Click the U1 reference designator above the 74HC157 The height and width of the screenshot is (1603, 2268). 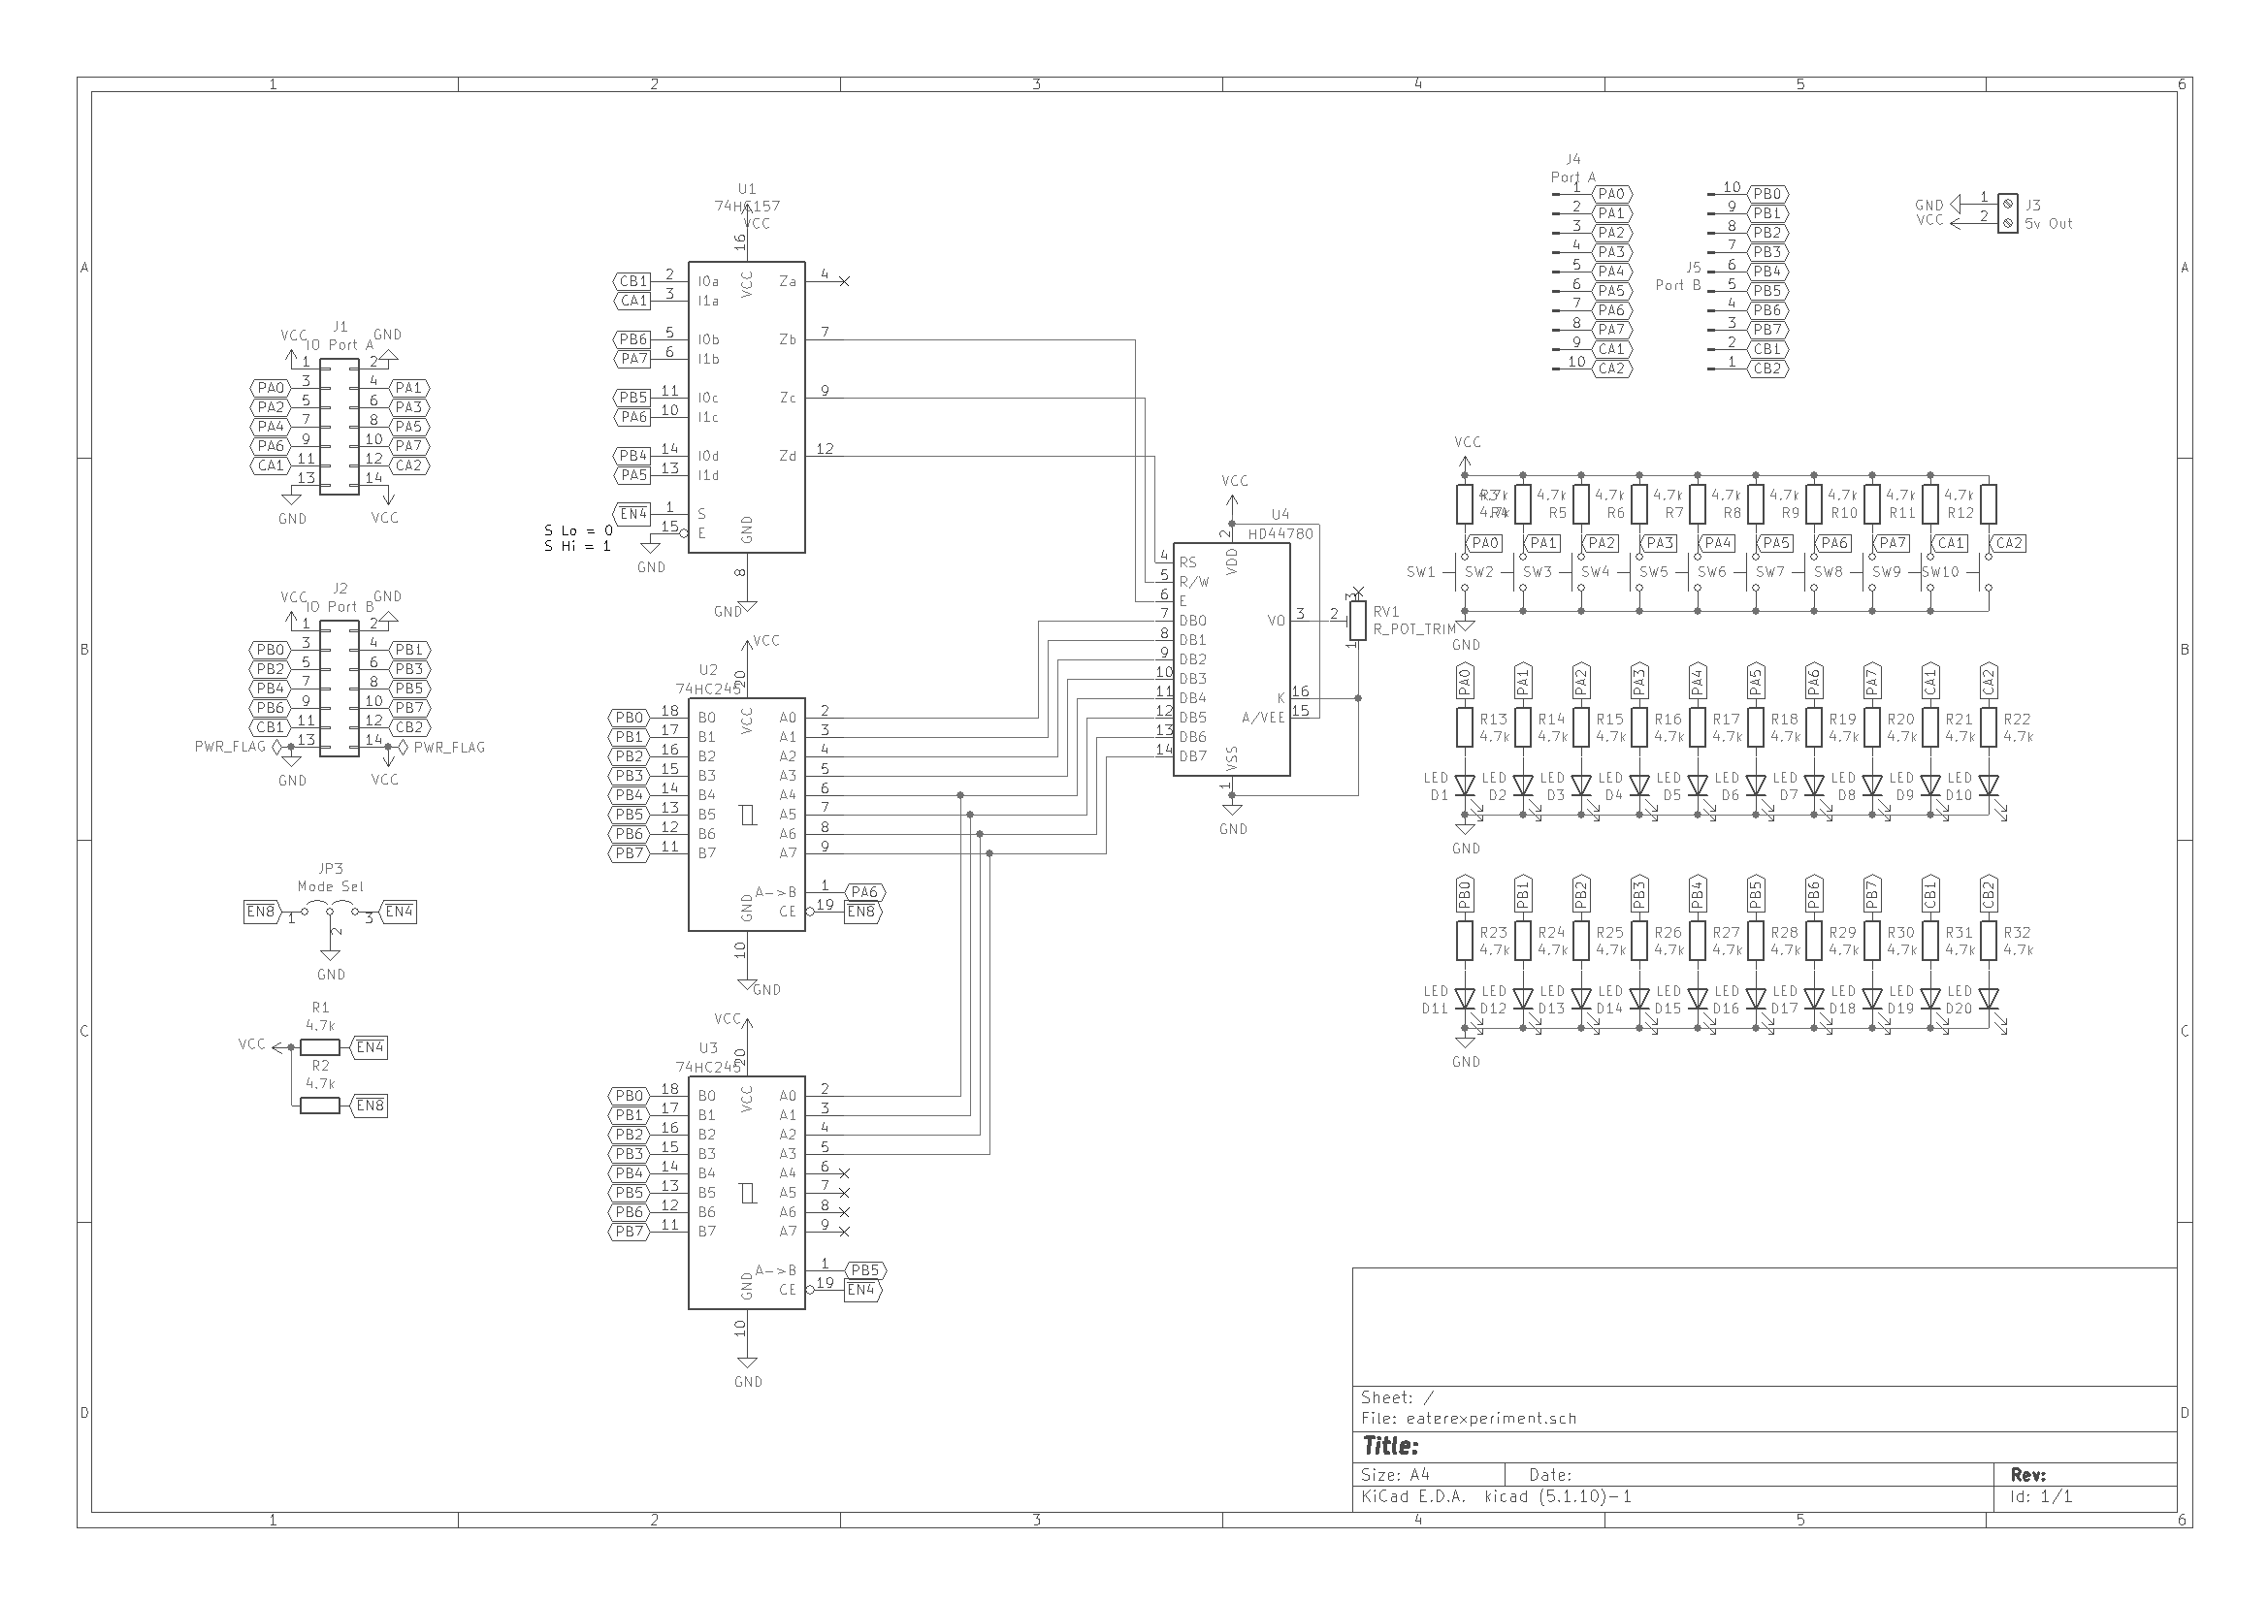pyautogui.click(x=746, y=189)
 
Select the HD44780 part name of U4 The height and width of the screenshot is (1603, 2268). pyautogui.click(x=1280, y=533)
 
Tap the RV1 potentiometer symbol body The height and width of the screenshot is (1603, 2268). pyautogui.click(x=1357, y=621)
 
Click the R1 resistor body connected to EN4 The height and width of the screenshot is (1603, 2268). pyautogui.click(x=319, y=1047)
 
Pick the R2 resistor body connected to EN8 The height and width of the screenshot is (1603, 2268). pyautogui.click(x=319, y=1106)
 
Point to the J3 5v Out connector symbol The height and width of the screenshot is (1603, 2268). pyautogui.click(x=2007, y=213)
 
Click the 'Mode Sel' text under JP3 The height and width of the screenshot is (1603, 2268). pyautogui.click(x=330, y=886)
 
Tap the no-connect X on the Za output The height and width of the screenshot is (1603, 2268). pyautogui.click(x=844, y=281)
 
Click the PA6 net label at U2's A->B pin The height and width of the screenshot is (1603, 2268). pyautogui.click(x=864, y=892)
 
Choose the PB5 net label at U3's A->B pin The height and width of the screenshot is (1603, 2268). pyautogui.click(x=864, y=1270)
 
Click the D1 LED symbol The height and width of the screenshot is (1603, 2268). pyautogui.click(x=1465, y=786)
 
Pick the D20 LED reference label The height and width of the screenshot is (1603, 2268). pyautogui.click(x=1959, y=1009)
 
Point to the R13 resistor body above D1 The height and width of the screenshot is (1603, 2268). pyautogui.click(x=1465, y=728)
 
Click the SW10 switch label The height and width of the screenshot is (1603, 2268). pyautogui.click(x=1940, y=572)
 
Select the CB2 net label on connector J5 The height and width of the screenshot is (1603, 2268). pyautogui.click(x=1767, y=369)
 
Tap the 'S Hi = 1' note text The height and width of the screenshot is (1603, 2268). pyautogui.click(x=577, y=546)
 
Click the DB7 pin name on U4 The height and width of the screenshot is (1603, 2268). pyautogui.click(x=1192, y=756)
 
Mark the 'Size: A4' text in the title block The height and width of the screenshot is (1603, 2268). pyautogui.click(x=1395, y=1475)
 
